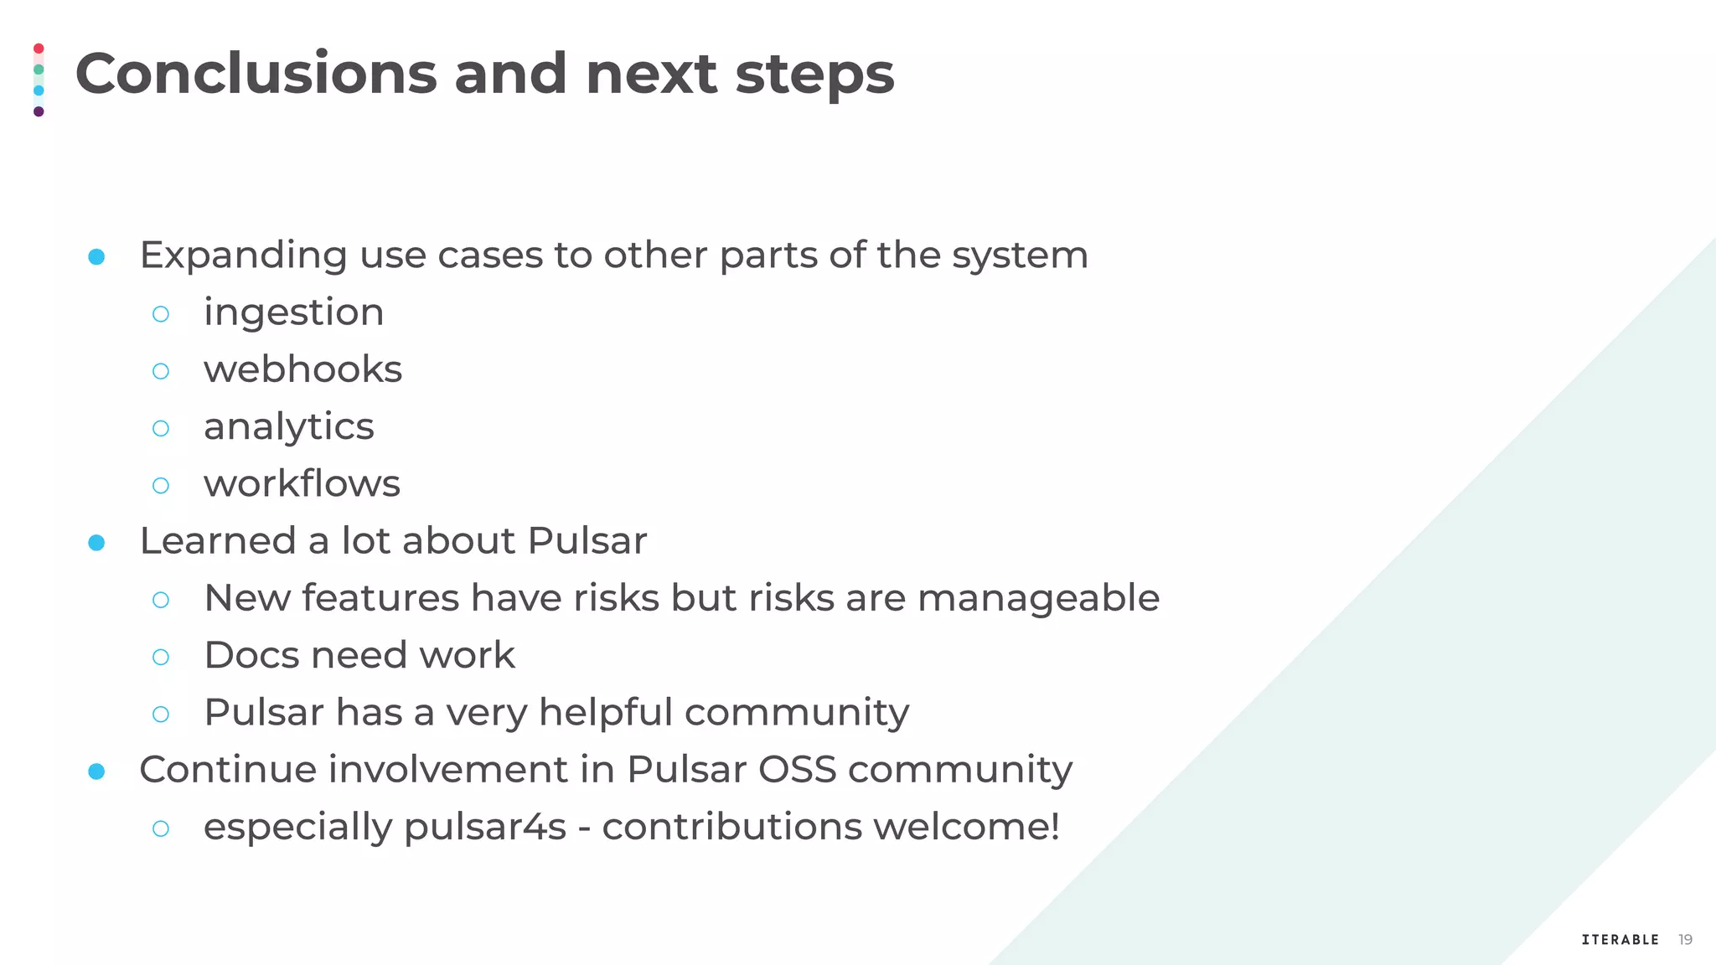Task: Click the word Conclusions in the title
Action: tap(256, 74)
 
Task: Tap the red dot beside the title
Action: tap(39, 49)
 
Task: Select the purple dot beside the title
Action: tap(39, 111)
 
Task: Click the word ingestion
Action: tap(293, 313)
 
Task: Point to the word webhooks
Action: tap(302, 369)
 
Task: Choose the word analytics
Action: tap(288, 427)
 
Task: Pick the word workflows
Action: tap(302, 484)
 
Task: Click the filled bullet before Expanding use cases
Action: tap(96, 256)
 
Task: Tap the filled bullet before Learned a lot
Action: tap(96, 543)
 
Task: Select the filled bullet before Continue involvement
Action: tap(96, 771)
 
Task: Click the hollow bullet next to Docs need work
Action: tap(161, 657)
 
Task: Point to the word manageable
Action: tap(1038, 598)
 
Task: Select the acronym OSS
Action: tap(797, 770)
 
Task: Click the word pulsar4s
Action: tap(485, 828)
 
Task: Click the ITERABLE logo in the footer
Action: tap(1620, 940)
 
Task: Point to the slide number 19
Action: tap(1685, 940)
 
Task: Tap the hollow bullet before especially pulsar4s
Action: tap(161, 828)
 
